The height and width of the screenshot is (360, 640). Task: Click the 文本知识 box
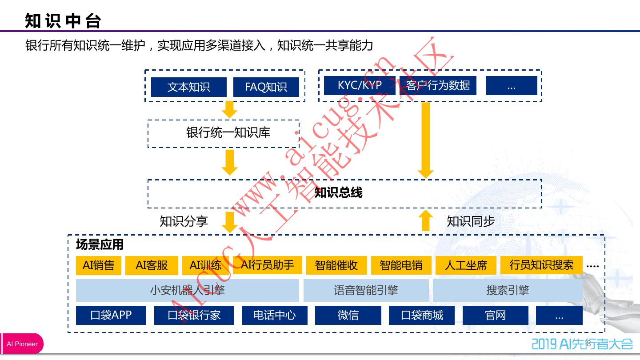point(189,87)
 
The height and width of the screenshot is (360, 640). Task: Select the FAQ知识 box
point(266,87)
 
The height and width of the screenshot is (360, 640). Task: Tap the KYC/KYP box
point(359,85)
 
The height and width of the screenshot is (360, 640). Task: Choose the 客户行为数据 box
point(438,85)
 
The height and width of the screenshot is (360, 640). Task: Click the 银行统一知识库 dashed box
point(223,133)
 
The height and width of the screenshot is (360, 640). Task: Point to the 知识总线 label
point(339,193)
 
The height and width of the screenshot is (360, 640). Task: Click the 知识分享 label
point(184,221)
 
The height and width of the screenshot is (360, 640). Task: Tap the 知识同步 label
point(471,221)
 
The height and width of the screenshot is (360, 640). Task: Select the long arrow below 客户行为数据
point(426,140)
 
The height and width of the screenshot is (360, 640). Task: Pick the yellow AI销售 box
point(99,266)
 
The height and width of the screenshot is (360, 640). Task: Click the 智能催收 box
point(336,266)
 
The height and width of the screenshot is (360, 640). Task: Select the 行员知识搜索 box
point(541,265)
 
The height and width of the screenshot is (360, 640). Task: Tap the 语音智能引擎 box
point(366,291)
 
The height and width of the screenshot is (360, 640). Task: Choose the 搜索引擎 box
point(508,291)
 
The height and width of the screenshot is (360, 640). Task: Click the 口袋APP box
point(111,315)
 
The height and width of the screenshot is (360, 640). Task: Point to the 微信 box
point(348,315)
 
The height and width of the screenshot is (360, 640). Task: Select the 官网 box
point(495,315)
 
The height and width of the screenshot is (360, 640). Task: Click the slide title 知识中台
point(64,21)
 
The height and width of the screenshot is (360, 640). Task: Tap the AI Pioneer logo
point(22,344)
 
